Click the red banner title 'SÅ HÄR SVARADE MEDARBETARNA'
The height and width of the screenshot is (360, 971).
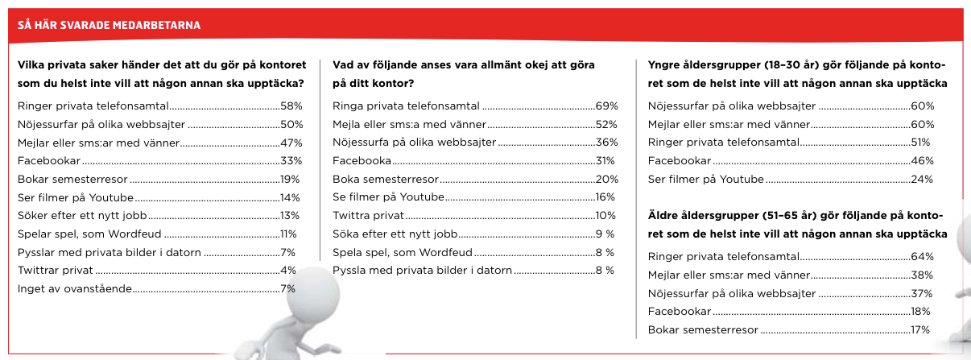[x=109, y=26]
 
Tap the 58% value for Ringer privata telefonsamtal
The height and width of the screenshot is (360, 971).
[x=291, y=106]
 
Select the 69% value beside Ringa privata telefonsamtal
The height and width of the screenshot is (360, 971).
[x=606, y=106]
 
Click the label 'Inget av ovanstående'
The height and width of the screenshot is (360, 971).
[x=74, y=288]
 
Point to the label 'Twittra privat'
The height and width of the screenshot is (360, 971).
[x=368, y=215]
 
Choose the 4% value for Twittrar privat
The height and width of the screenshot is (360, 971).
[x=288, y=270]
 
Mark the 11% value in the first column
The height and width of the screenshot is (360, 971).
[x=288, y=234]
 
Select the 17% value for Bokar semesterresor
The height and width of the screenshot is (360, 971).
[x=919, y=329]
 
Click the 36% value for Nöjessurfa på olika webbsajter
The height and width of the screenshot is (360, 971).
[x=606, y=143]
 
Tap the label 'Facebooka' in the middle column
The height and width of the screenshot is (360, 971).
[x=362, y=160]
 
